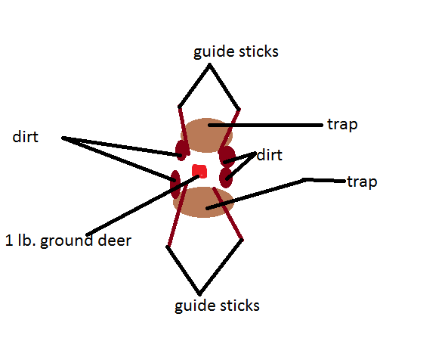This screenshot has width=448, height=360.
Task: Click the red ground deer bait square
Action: coord(199,171)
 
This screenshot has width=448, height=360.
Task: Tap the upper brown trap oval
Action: coord(206,135)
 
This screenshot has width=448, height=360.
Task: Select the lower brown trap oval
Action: coord(203,202)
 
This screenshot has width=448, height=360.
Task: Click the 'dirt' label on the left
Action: coord(26,137)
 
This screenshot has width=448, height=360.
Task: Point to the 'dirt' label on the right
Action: coord(270,155)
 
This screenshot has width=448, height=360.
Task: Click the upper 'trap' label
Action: coord(342,125)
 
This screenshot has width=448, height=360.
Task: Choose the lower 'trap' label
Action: coord(362,182)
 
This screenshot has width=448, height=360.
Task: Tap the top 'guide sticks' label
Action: coord(236,52)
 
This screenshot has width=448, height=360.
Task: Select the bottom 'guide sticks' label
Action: coord(217,306)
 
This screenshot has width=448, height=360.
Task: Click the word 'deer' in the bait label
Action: coord(114,241)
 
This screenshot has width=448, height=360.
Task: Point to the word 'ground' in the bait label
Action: coord(66,241)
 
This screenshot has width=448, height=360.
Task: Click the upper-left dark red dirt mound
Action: coord(182,151)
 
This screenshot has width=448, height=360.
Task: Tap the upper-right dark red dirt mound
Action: coord(227,156)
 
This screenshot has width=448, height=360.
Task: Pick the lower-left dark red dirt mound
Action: coord(175,185)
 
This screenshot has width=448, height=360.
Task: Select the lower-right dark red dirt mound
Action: coord(226,178)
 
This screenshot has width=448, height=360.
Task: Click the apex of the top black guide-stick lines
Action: coord(209,64)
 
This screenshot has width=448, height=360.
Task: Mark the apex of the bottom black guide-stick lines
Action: coord(199,294)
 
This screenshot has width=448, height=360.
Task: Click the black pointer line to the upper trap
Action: coord(265,126)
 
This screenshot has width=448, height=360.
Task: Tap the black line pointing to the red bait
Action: coord(143,205)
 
